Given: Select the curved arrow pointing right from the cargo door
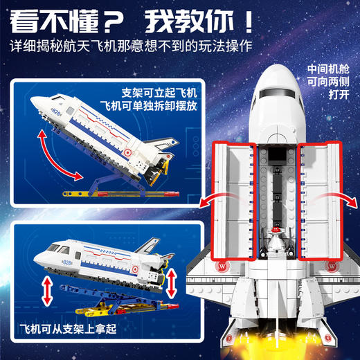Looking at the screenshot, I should pyautogui.click(x=336, y=197).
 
